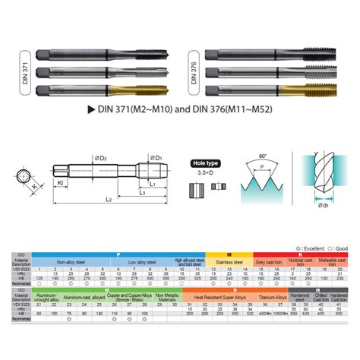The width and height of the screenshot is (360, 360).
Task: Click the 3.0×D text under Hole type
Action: coord(203,174)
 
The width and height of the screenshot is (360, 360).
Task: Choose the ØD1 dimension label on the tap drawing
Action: coord(156,159)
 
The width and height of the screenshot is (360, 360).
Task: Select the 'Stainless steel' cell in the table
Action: coord(229,262)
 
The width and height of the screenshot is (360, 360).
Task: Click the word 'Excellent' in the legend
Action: coord(312,248)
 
